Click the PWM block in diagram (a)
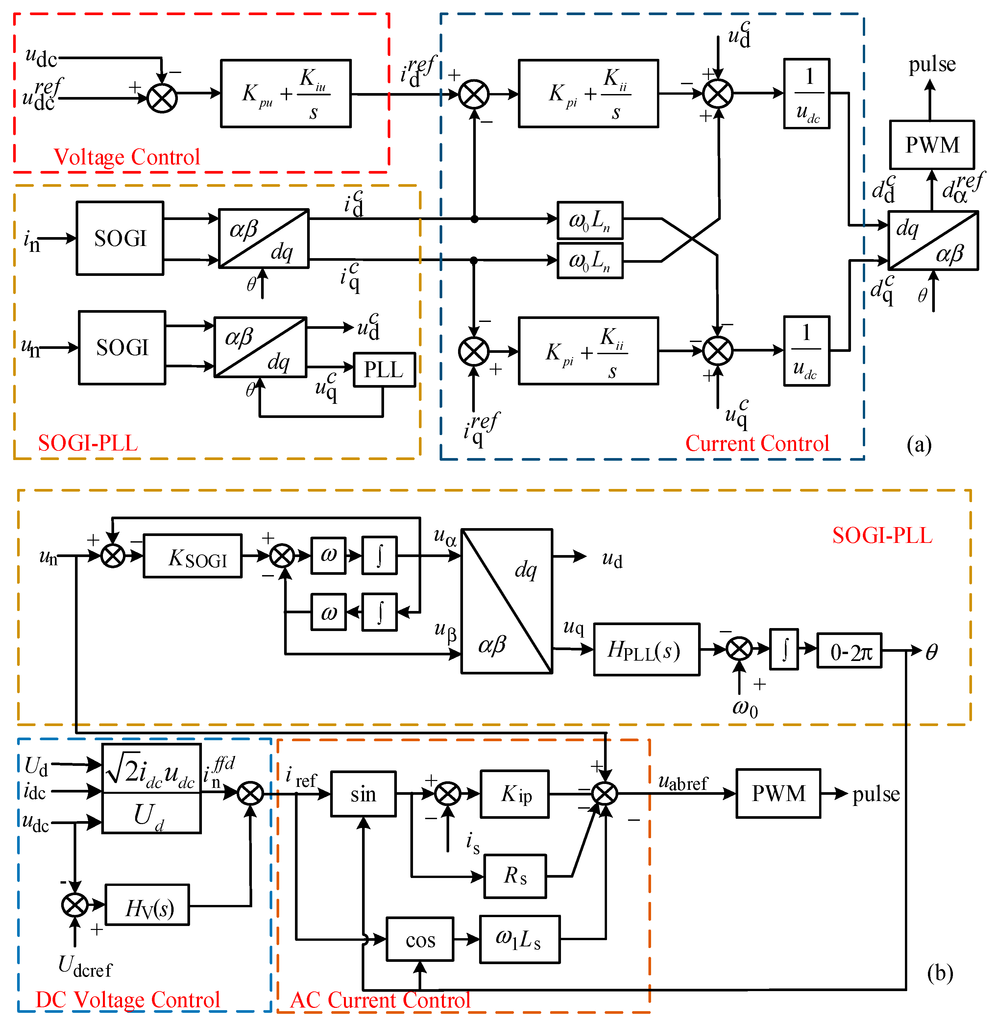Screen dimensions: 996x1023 (x=932, y=145)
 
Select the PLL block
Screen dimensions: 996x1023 (x=384, y=370)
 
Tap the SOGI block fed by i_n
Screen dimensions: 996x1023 (x=120, y=238)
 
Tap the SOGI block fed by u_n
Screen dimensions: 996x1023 (x=122, y=348)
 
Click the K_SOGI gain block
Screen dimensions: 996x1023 (x=192, y=555)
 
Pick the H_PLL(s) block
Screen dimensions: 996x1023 (x=646, y=649)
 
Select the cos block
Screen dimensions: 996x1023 (x=420, y=939)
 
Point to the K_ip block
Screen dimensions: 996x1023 (x=515, y=793)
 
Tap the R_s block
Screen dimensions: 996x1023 (x=515, y=876)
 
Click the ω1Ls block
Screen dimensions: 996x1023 (x=520, y=939)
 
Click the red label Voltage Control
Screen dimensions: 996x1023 (x=127, y=157)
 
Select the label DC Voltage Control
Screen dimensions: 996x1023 (x=128, y=999)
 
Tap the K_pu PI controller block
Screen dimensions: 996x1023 (x=286, y=94)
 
